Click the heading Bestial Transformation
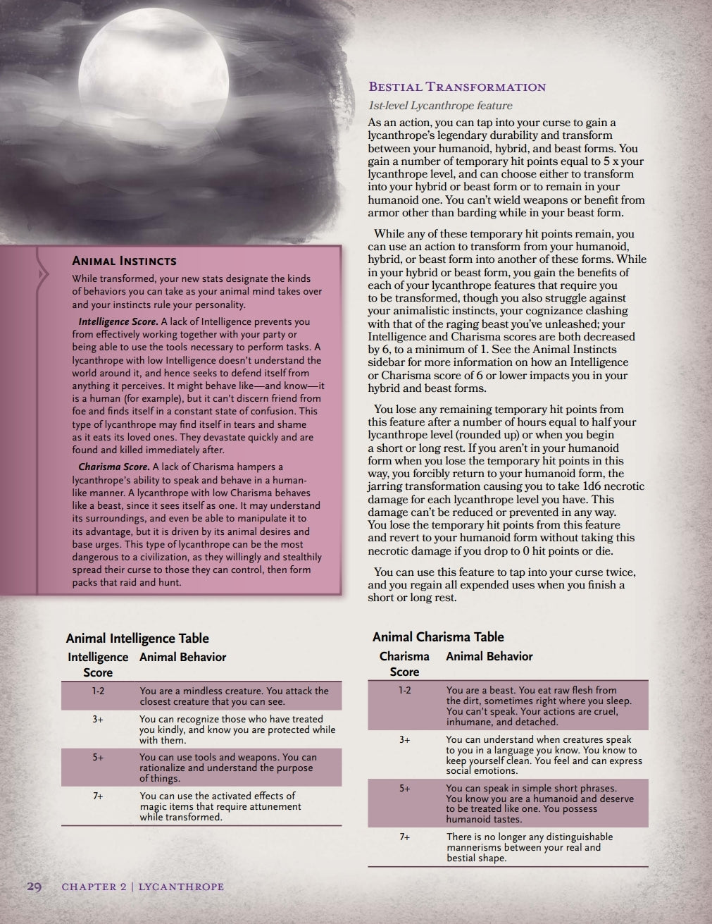tap(457, 87)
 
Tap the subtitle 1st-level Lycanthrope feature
tap(440, 106)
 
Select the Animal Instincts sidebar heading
tap(124, 261)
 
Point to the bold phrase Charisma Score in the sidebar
tap(113, 467)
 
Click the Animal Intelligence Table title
tap(137, 638)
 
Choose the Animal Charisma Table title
tap(438, 636)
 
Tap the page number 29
tap(35, 886)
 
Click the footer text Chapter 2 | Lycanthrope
tap(142, 887)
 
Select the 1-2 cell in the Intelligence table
tap(98, 691)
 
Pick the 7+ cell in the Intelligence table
tap(98, 796)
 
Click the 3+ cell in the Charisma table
tap(404, 739)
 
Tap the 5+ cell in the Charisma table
tap(404, 788)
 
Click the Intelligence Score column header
tap(98, 665)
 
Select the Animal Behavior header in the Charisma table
tap(489, 656)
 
